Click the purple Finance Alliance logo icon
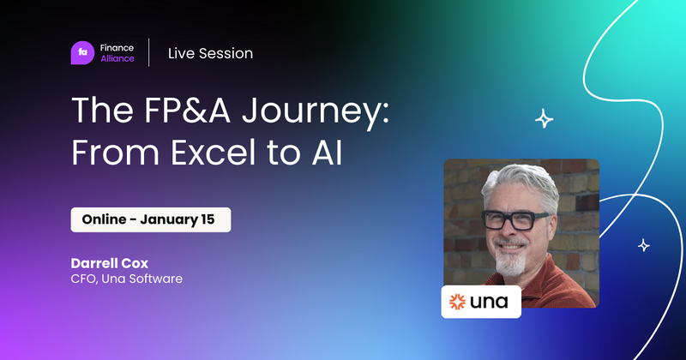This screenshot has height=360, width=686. pos(83,53)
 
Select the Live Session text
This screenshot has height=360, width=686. pos(210,53)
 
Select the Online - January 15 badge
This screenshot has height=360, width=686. pos(150,219)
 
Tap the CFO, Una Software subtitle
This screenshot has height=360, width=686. pos(127,279)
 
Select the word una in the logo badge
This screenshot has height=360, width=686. pos(490,302)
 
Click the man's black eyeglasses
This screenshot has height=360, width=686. pos(515,219)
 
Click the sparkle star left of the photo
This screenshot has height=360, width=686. pos(544,119)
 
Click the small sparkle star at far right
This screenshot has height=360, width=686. pos(643,246)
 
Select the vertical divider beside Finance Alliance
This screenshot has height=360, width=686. pos(149,53)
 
